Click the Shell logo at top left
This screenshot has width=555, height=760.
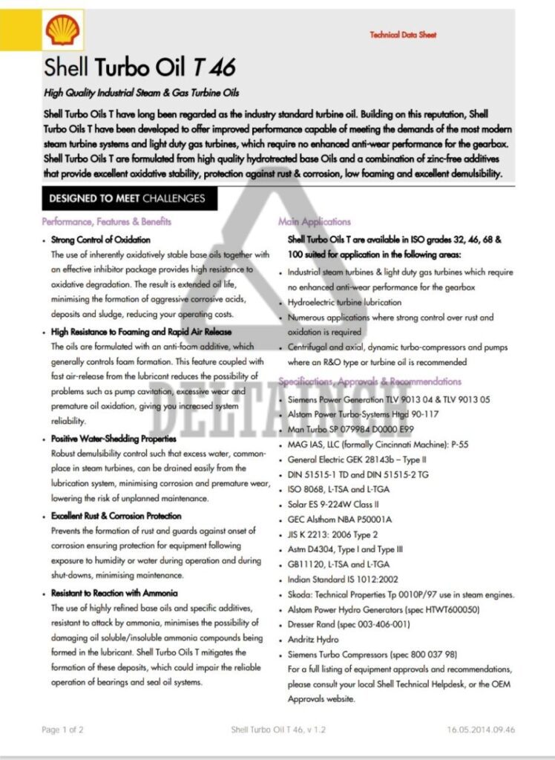(x=63, y=31)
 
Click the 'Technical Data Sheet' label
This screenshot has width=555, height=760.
(x=403, y=35)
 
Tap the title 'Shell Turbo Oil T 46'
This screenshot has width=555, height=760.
(x=139, y=68)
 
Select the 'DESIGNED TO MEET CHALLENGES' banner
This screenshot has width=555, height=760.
(x=122, y=199)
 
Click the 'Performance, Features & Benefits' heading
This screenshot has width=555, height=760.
(x=107, y=222)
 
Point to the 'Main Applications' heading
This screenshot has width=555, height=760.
(x=315, y=222)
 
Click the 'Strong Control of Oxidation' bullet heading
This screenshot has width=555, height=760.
(x=101, y=240)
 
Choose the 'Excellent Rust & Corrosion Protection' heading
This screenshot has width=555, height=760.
(x=116, y=516)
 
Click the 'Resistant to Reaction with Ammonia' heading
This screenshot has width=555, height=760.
(x=114, y=593)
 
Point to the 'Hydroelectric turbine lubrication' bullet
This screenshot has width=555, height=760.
(x=344, y=303)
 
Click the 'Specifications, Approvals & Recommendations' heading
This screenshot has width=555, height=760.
(x=370, y=381)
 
